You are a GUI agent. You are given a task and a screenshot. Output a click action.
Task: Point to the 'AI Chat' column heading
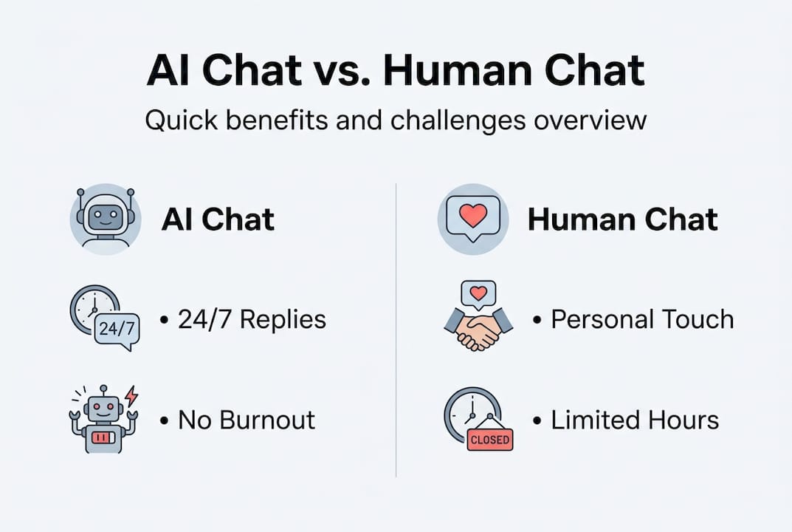[x=218, y=219]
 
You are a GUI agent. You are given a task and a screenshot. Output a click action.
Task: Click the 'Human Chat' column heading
[x=622, y=219]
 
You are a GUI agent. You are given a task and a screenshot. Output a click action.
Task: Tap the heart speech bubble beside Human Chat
[x=472, y=216]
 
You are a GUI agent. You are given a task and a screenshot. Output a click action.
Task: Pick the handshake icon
[x=478, y=330]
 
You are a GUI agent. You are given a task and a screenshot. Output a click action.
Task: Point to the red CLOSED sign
[x=489, y=439]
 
